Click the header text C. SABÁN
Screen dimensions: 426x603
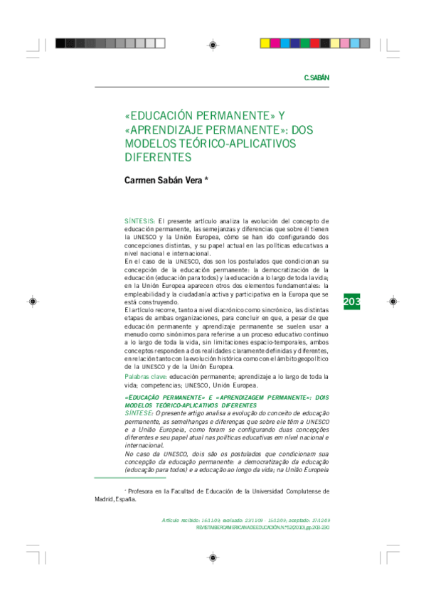click(316, 77)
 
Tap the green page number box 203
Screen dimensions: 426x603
click(352, 302)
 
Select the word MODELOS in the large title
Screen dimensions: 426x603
click(150, 144)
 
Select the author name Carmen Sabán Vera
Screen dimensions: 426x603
click(163, 181)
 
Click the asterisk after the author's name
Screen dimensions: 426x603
click(206, 180)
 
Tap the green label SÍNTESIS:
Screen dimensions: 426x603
click(140, 222)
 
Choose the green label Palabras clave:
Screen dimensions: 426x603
click(146, 375)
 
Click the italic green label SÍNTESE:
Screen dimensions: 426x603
click(139, 413)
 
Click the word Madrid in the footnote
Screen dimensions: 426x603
click(106, 499)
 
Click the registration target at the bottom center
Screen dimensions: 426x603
click(213, 558)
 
